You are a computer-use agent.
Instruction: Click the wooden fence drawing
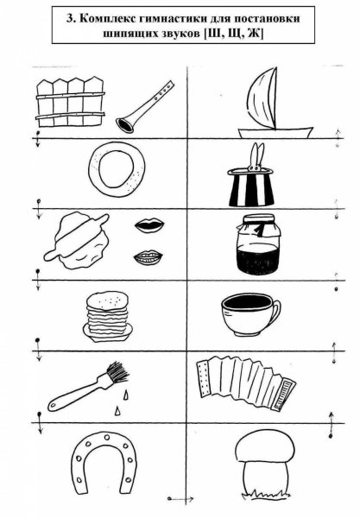tap(70, 102)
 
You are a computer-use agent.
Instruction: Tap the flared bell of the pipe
tap(125, 125)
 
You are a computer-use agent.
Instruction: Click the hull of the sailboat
tap(275, 133)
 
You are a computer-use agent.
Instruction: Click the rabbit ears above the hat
tap(256, 156)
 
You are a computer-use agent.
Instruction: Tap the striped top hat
tap(251, 187)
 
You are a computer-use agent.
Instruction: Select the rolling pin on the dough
tap(77, 237)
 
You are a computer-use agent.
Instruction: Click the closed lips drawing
tap(149, 226)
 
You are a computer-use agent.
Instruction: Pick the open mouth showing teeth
tap(148, 257)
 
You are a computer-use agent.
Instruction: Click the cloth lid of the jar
tap(259, 224)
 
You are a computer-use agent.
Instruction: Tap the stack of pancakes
tap(107, 316)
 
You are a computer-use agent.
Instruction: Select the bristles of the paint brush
tap(117, 372)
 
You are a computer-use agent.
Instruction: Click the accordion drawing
tap(246, 382)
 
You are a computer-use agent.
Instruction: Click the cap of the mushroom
tap(265, 445)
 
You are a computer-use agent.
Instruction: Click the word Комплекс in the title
tap(107, 18)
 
